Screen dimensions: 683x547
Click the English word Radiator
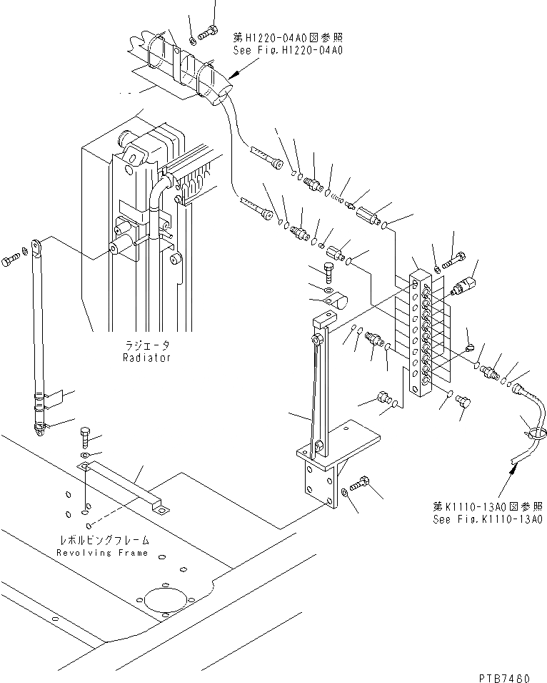(x=146, y=357)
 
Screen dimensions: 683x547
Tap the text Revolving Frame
(x=104, y=553)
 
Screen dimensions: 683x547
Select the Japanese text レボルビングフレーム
(x=104, y=541)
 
